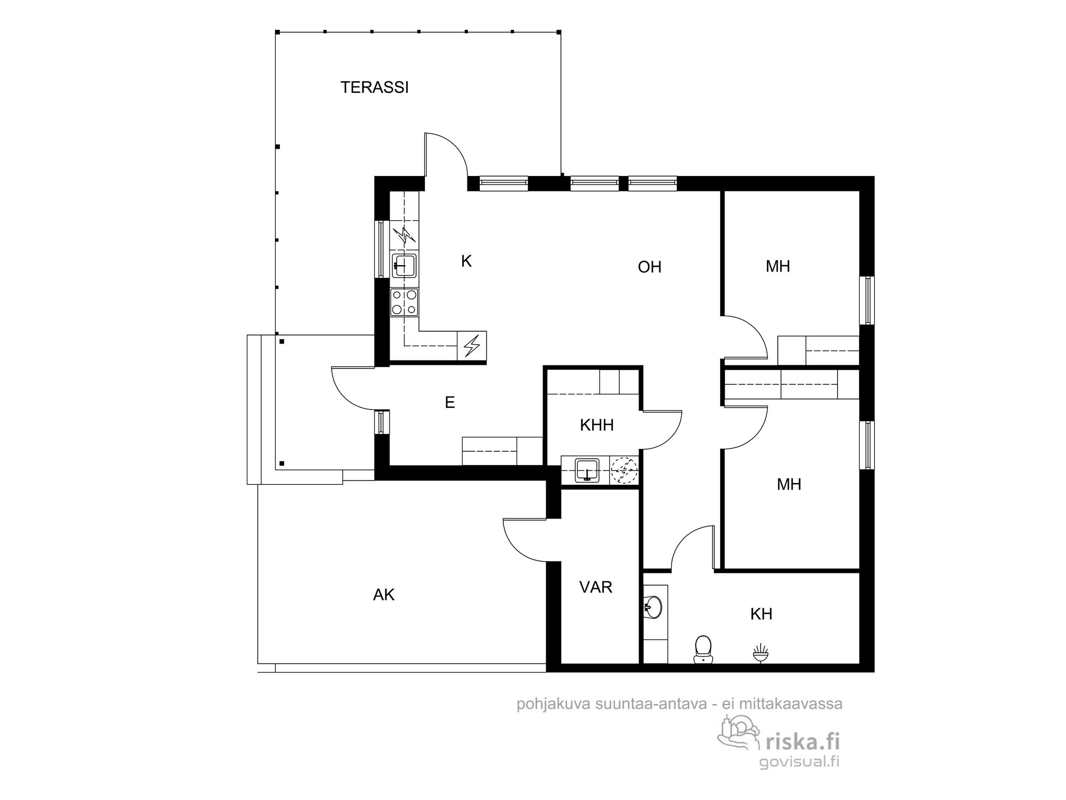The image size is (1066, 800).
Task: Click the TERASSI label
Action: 375,87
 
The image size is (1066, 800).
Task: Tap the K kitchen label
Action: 466,261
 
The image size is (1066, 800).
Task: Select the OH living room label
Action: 650,267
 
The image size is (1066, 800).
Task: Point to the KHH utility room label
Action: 597,425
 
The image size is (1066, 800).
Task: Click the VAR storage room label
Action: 596,587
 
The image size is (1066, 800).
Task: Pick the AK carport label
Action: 384,595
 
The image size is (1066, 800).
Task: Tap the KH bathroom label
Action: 761,614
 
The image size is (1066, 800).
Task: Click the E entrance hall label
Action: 450,403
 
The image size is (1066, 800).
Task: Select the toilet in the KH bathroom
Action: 704,649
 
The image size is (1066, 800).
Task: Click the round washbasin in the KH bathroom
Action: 653,606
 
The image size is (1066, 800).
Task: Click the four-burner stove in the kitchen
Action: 404,302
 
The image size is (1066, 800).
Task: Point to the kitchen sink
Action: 404,265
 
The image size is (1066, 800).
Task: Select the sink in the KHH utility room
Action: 587,470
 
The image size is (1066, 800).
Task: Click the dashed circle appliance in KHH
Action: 624,470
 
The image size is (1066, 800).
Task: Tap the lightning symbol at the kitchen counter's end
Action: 472,345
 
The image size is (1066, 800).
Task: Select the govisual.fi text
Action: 799,761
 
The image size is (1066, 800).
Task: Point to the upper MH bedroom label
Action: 778,267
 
